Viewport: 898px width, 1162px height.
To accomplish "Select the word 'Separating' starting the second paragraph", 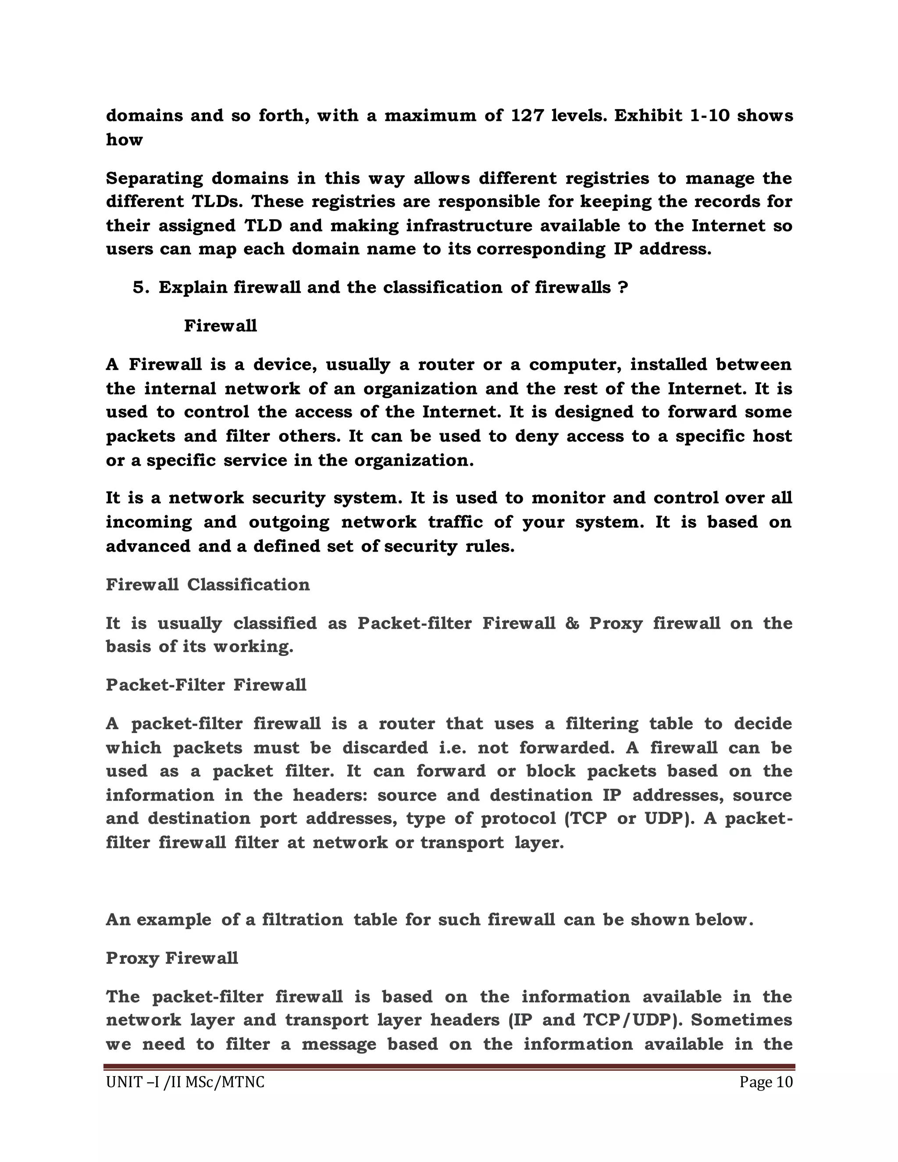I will (x=154, y=178).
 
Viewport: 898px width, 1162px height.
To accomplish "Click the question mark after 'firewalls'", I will (x=623, y=287).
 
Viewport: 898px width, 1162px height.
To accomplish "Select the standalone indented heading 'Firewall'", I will (x=220, y=326).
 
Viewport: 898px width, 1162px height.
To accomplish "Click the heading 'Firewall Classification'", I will (x=207, y=585).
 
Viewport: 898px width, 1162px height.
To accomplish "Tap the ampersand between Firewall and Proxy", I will (x=572, y=623).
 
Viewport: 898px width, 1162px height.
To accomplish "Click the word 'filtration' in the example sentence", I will (x=302, y=920).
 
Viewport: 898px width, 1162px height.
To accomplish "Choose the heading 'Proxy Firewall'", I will (x=171, y=958).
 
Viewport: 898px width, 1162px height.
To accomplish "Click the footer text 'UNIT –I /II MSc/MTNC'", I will (x=185, y=1082).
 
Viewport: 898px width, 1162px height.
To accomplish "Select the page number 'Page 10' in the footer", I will (x=766, y=1082).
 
